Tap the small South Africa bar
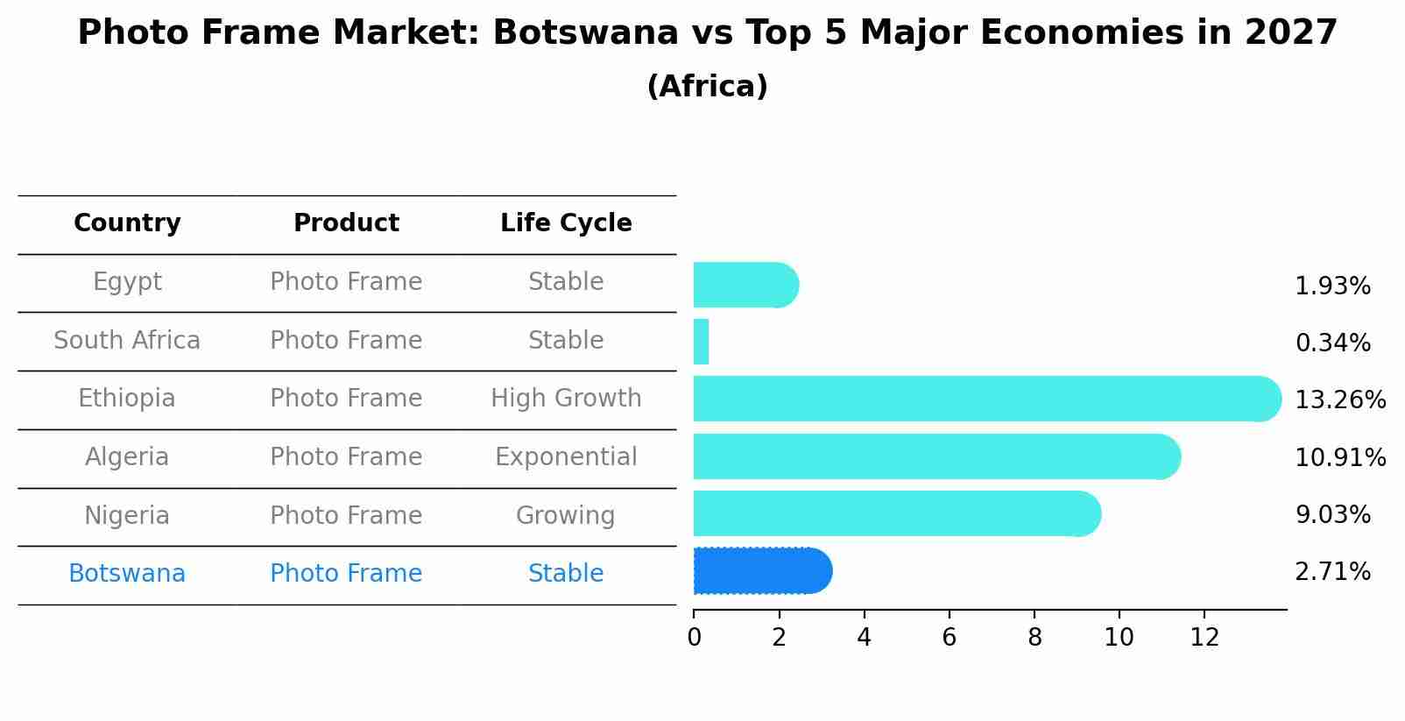tap(701, 342)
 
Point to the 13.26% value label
tap(1339, 400)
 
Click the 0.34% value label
tap(1332, 343)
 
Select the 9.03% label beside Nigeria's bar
tap(1332, 515)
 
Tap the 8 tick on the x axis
tap(1034, 638)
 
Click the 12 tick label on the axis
tap(1204, 638)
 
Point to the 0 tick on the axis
tap(694, 638)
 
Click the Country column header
tap(127, 223)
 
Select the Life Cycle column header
tap(566, 223)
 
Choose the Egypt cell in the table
tap(127, 282)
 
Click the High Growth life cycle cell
tap(566, 399)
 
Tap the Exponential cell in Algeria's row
tap(566, 457)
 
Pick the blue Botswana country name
tap(127, 574)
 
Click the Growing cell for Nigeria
tap(566, 515)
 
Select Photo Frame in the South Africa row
tap(346, 340)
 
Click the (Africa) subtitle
tap(707, 87)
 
